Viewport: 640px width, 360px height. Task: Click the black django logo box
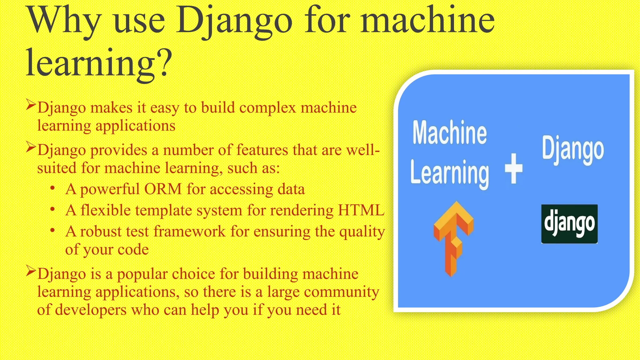coord(569,224)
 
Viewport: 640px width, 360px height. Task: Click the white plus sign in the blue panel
coord(513,168)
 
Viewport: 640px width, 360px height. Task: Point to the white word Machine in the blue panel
coord(449,133)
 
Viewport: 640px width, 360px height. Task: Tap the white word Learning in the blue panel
coord(450,173)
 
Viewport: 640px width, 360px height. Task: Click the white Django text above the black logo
coord(572,150)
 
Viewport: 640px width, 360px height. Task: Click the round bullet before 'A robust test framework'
coord(52,231)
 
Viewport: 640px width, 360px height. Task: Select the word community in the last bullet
coord(341,292)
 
